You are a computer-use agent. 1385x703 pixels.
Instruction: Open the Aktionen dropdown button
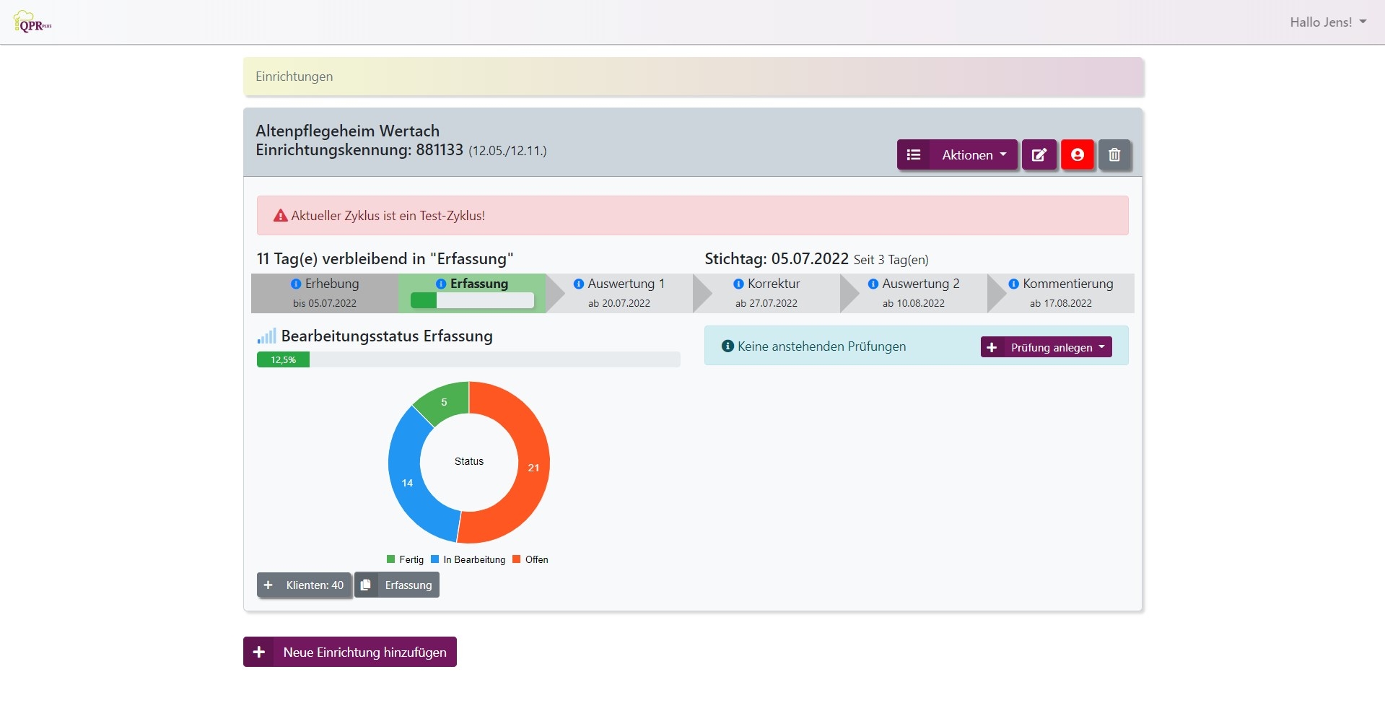pyautogui.click(x=957, y=154)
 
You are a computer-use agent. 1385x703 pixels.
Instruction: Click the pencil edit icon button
pyautogui.click(x=1039, y=154)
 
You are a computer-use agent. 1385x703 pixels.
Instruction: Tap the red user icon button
pyautogui.click(x=1077, y=154)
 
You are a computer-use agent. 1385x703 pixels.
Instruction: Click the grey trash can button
pyautogui.click(x=1114, y=154)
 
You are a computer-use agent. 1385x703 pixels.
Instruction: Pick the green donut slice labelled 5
pyautogui.click(x=443, y=403)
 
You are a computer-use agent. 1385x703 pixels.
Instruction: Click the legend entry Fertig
pyautogui.click(x=406, y=559)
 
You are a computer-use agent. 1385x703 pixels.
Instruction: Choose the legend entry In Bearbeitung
pyautogui.click(x=468, y=559)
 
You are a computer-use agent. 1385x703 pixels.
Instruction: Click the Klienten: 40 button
pyautogui.click(x=305, y=585)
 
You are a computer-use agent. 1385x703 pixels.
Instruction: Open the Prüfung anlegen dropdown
pyautogui.click(x=1046, y=347)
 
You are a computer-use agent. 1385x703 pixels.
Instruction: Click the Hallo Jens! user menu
pyautogui.click(x=1327, y=22)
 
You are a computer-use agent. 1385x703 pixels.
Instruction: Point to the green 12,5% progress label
pyautogui.click(x=283, y=359)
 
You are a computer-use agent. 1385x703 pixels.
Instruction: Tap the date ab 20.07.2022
pyautogui.click(x=619, y=303)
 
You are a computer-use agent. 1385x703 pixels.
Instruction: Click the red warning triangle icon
pyautogui.click(x=281, y=215)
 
